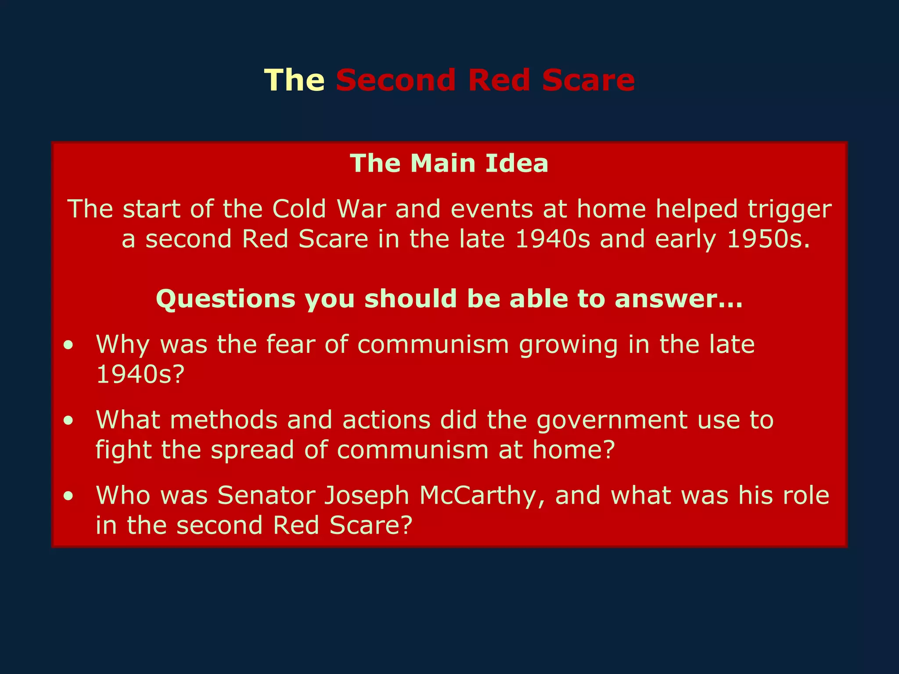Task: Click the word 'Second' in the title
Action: tap(396, 80)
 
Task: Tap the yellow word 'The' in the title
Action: tap(294, 80)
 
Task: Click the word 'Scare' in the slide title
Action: tap(588, 80)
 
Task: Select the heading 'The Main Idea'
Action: tap(449, 164)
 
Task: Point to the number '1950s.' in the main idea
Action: tap(768, 240)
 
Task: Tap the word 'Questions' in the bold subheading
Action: tap(226, 299)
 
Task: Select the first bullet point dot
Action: tap(68, 345)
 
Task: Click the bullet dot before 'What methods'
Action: tap(68, 421)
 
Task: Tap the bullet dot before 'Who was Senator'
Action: tap(68, 496)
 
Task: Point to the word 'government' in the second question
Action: tap(612, 421)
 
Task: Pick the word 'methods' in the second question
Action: tap(224, 420)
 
